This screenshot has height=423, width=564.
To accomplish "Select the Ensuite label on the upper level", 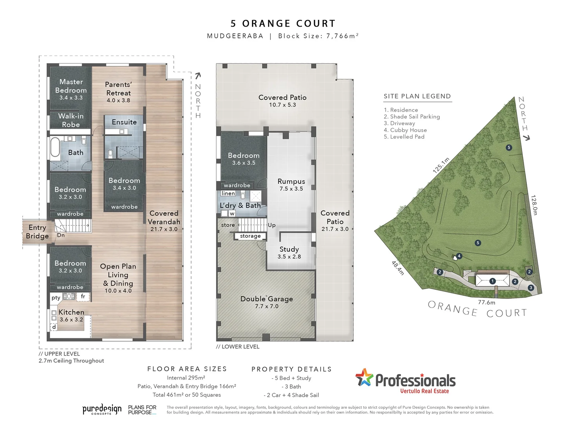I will point(124,122).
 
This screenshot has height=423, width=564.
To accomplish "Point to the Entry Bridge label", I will point(37,232).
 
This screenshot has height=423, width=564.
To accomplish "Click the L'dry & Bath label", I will point(240,206).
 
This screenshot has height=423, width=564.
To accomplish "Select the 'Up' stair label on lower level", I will point(272,225).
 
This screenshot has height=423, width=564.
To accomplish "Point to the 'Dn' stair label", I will point(61,235).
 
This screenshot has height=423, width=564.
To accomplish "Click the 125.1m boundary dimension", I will point(441,165).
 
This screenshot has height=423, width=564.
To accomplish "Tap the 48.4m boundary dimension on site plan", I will point(398,268).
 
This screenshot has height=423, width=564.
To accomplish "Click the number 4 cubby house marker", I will point(459,256).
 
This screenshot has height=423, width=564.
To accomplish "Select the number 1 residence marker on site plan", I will point(492,281).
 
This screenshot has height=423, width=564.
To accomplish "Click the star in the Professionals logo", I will point(364,378).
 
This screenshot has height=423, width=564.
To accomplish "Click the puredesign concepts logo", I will point(102,410).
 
